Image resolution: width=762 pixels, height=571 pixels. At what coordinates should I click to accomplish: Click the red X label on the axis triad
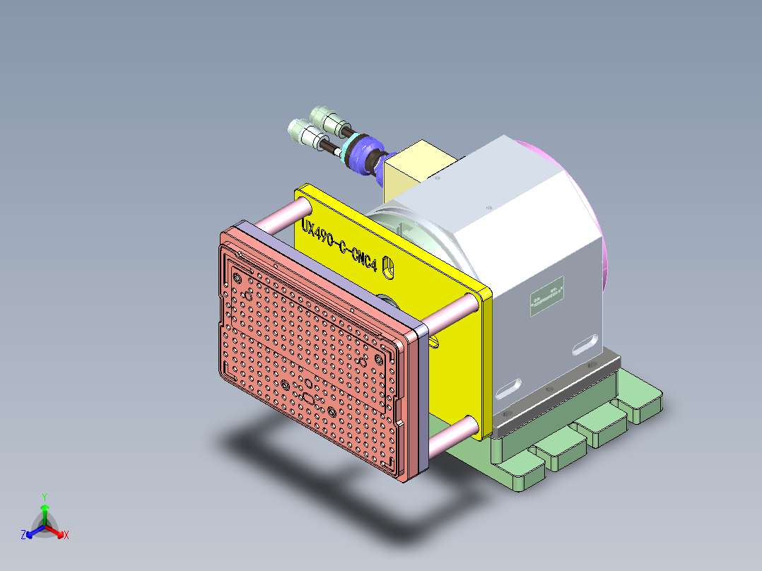pos(66,536)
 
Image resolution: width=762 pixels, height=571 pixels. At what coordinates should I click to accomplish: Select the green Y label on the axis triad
pos(44,497)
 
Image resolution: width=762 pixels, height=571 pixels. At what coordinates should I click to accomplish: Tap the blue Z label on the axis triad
pos(23,536)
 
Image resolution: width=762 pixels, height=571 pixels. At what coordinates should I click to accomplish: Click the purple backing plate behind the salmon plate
pos(421,396)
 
